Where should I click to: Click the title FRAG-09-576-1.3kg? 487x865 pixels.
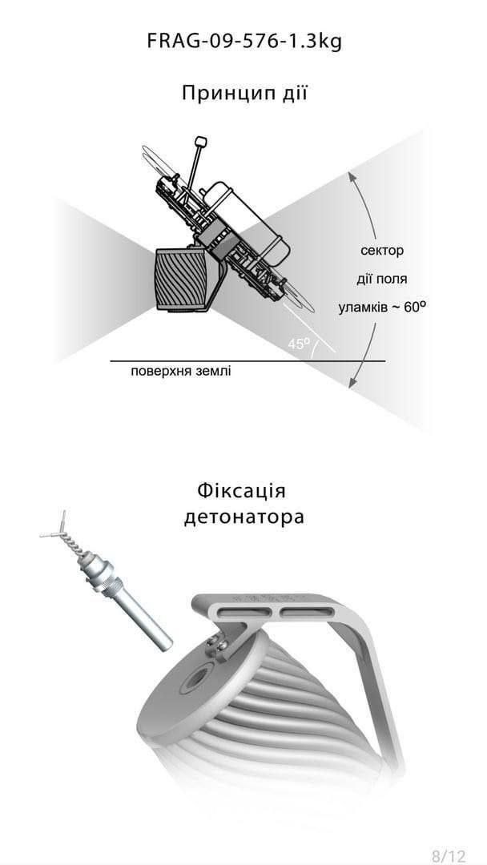click(244, 42)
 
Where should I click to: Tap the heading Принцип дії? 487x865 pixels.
click(244, 93)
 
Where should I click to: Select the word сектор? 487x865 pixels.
click(382, 251)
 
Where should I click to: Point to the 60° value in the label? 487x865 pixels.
click(412, 307)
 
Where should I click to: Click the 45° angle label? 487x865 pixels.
click(299, 344)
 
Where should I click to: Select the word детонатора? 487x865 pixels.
click(243, 517)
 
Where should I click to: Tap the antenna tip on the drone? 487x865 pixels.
click(200, 143)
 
